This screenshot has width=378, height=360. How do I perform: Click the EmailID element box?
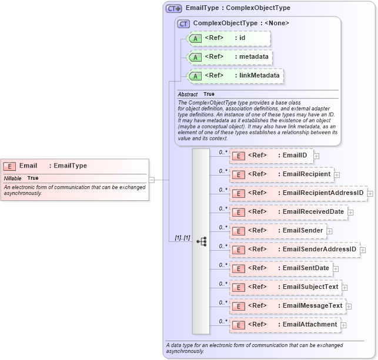(271, 156)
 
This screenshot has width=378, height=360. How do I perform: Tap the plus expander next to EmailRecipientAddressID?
(370, 193)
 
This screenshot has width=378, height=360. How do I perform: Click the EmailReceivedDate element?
(287, 212)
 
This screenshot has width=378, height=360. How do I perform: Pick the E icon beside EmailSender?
(239, 231)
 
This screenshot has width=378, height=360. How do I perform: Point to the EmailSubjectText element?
(285, 287)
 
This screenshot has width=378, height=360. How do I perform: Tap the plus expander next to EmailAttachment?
(343, 325)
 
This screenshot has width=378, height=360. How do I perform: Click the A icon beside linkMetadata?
(196, 76)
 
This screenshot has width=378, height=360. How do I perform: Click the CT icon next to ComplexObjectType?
(183, 23)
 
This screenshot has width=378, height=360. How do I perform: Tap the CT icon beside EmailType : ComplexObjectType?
(173, 8)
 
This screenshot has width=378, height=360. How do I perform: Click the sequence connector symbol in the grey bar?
(201, 241)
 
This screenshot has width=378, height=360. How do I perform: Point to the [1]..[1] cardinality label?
(182, 237)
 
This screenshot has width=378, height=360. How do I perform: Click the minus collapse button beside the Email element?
(152, 180)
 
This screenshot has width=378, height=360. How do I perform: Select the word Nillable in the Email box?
(13, 178)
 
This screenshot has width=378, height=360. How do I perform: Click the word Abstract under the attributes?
(188, 94)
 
